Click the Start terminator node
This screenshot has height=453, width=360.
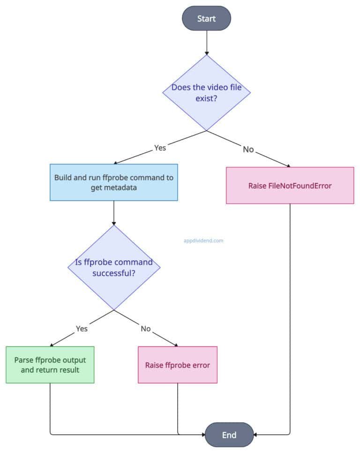pos(206,18)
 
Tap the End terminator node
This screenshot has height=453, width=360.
pos(229,434)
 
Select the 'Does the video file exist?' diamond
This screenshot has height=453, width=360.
pos(206,92)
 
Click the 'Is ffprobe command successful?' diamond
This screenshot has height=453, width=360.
pos(114,267)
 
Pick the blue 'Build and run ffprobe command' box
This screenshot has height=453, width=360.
pos(114,182)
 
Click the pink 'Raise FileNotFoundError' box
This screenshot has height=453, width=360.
pos(290,186)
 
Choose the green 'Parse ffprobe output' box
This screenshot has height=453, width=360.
pos(50,365)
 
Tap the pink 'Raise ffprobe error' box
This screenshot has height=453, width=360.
pos(178,365)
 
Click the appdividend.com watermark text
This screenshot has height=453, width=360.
pos(203,241)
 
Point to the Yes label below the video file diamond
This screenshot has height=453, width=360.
pos(160,148)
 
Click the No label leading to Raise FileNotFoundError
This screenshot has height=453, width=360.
pos(248,149)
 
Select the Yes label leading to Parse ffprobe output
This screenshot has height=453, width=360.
pos(82,329)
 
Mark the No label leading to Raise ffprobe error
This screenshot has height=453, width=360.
pos(146,329)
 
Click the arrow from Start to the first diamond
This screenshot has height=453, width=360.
pos(206,43)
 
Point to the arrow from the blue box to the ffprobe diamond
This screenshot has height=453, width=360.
pos(114,213)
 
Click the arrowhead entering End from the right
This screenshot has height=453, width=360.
pos(256,435)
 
